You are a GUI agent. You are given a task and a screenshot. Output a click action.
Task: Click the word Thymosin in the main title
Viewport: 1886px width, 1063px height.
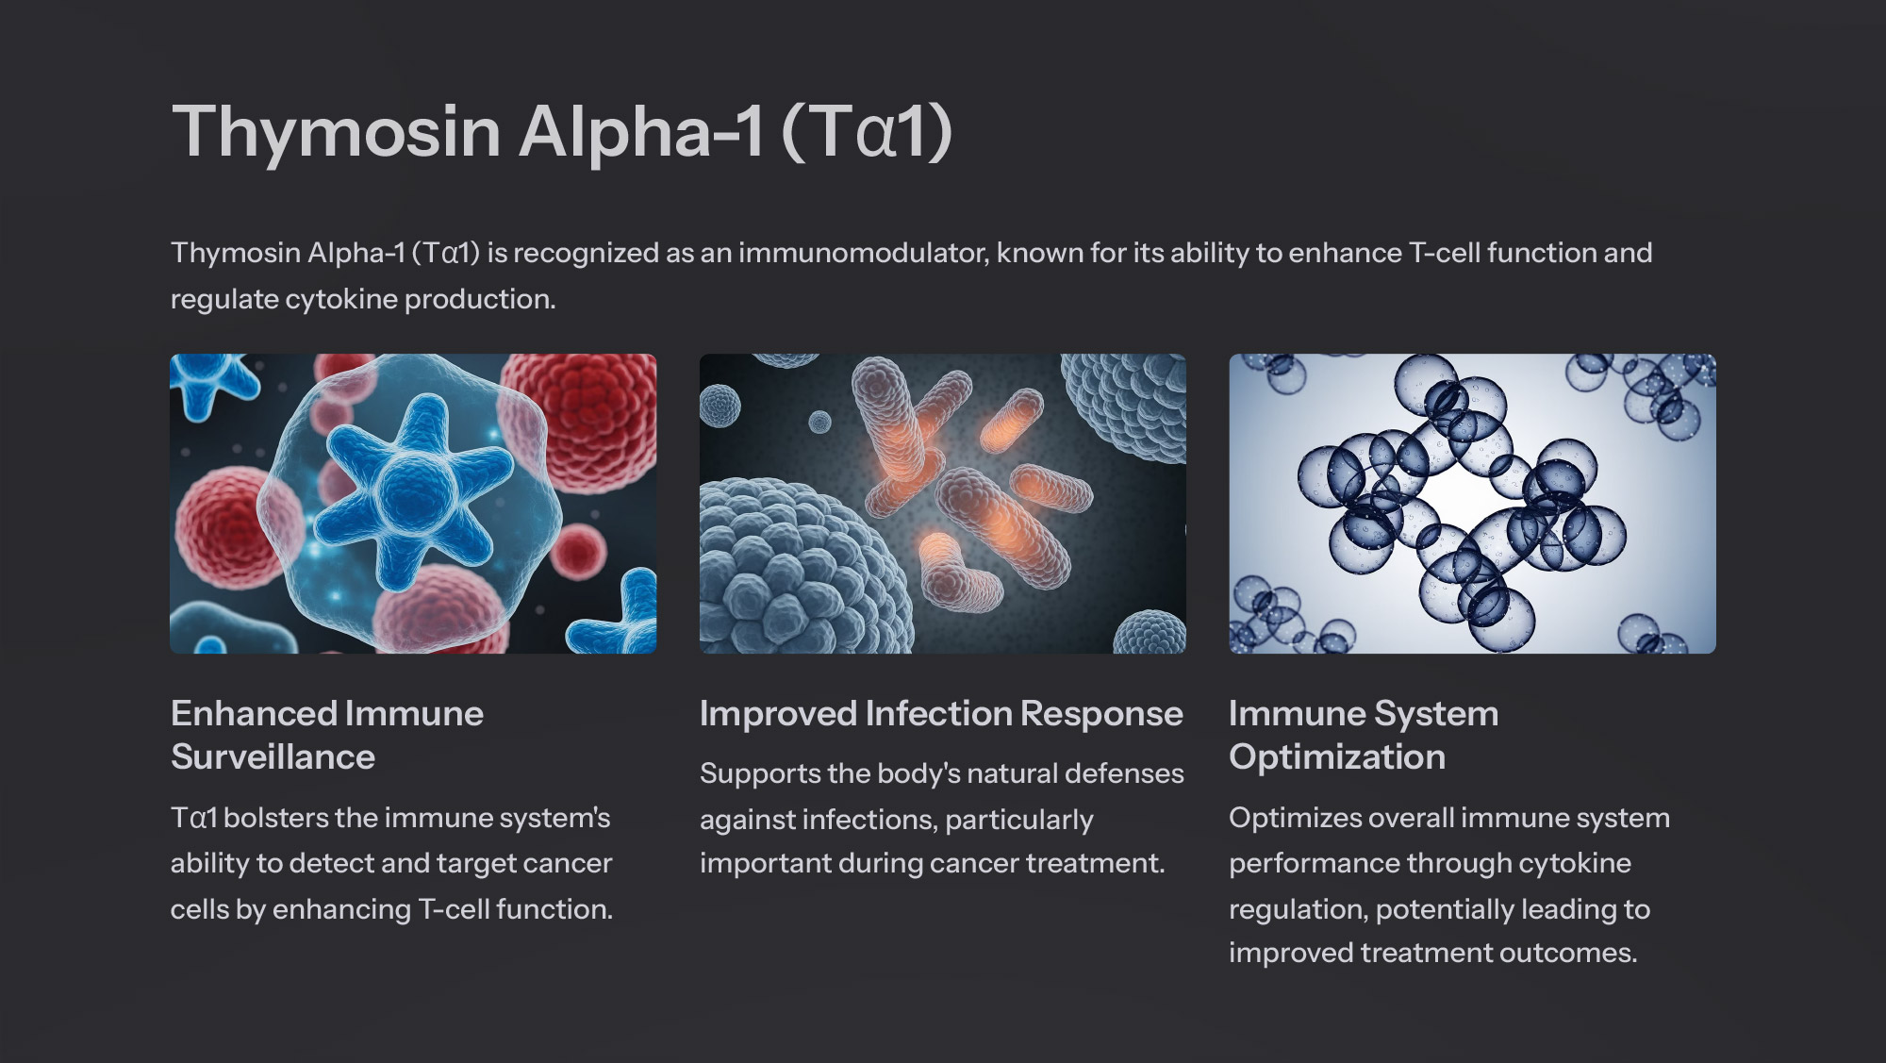(336, 131)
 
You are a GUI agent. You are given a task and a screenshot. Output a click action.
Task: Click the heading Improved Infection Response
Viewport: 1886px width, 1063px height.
(941, 714)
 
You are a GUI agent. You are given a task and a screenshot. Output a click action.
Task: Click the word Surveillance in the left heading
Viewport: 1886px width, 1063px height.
(273, 757)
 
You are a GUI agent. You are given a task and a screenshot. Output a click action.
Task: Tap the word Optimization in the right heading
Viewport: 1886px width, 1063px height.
(1337, 757)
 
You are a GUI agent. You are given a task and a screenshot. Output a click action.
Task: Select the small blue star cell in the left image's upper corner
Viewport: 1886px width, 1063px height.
(212, 382)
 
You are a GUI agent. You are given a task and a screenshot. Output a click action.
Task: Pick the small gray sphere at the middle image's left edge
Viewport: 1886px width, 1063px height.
(720, 406)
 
